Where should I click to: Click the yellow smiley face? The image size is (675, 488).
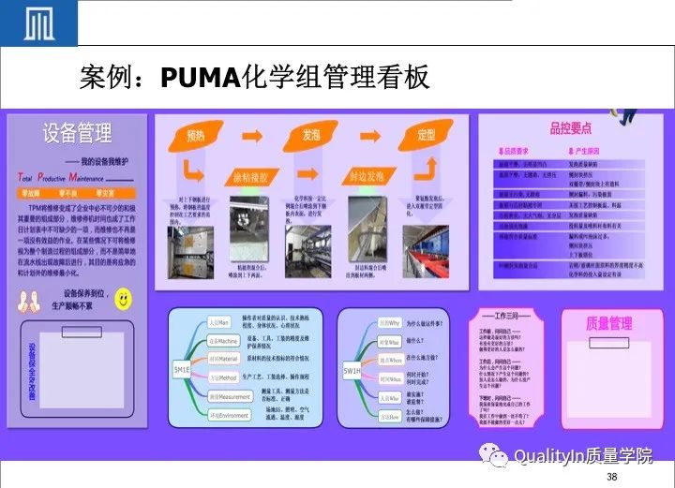pos(123,299)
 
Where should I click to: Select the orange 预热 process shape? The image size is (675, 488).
pos(195,137)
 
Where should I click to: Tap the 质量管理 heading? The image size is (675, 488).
pos(609,323)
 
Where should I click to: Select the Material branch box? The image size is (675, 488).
pos(223,358)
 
